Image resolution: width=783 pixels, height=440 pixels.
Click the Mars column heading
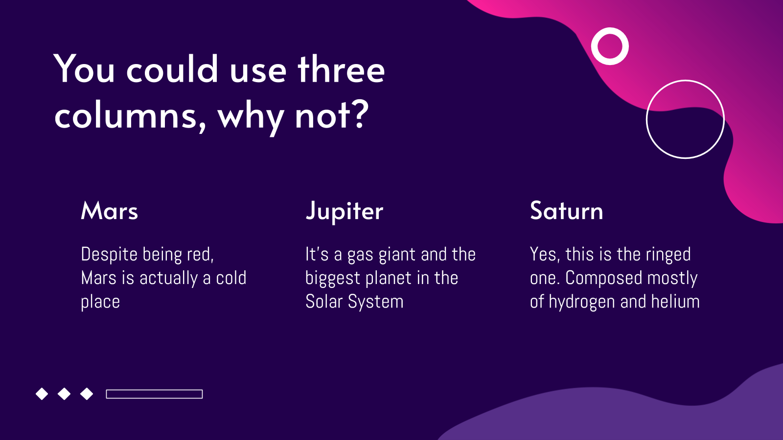tap(110, 211)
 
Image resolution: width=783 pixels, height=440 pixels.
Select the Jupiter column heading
tap(345, 212)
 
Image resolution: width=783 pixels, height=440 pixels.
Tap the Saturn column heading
tap(566, 211)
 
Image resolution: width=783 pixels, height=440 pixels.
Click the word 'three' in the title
tap(341, 69)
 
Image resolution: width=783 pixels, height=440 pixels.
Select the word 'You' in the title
tap(84, 69)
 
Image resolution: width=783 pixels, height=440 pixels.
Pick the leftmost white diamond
tap(42, 394)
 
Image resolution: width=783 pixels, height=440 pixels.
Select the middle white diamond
tap(64, 394)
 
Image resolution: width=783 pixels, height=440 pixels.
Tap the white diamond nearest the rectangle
tap(87, 394)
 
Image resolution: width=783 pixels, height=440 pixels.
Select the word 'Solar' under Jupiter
tap(324, 301)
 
